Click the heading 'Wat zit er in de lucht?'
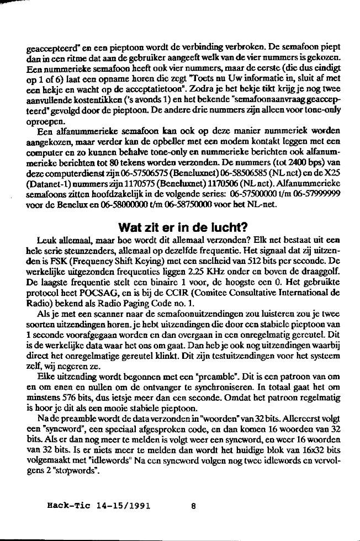coord(179,227)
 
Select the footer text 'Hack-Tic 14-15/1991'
coord(100,504)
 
